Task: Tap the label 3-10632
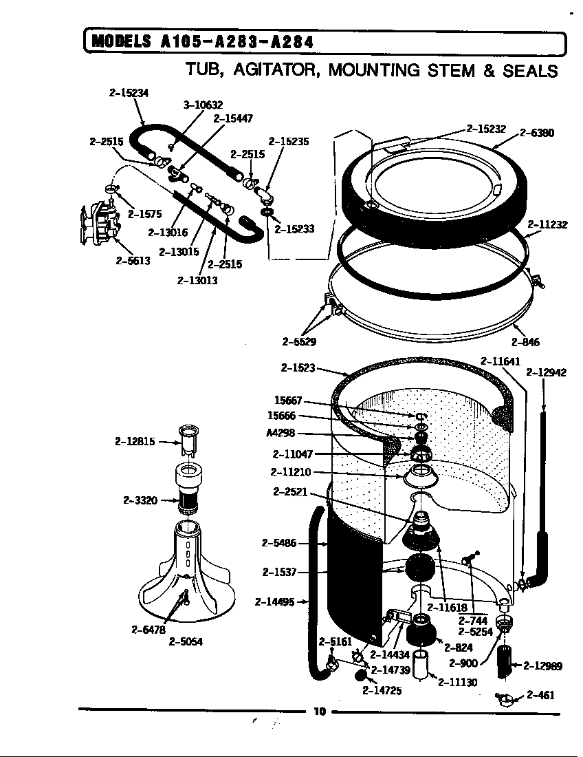203,105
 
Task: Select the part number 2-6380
537,134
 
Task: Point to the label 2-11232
547,224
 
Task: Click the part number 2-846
525,342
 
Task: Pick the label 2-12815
135,441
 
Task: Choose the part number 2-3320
141,500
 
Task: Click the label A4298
280,434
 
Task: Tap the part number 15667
287,400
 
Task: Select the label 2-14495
274,602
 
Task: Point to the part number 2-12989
543,665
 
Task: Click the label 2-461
540,695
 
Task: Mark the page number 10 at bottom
319,712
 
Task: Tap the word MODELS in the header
121,42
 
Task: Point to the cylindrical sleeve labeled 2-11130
421,662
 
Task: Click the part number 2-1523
298,368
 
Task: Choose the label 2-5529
299,341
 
